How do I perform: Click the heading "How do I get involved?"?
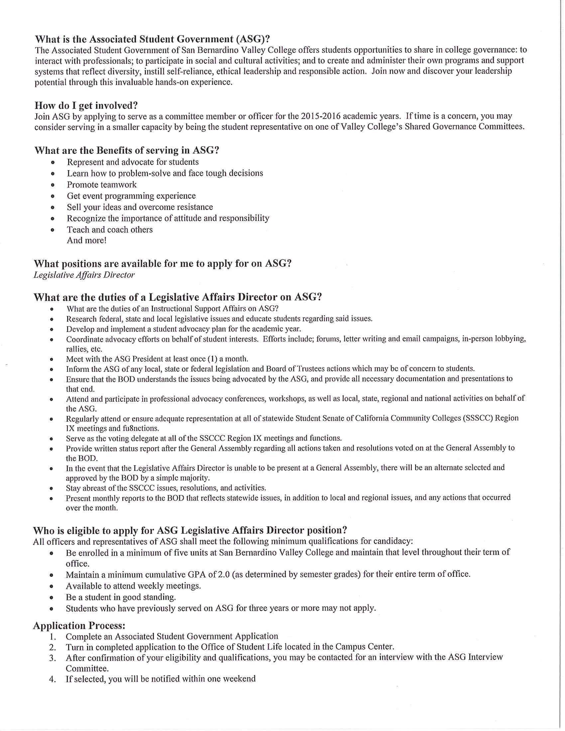(86, 105)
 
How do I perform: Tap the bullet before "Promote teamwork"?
(53, 185)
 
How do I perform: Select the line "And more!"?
(86, 240)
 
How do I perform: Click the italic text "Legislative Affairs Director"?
(84, 275)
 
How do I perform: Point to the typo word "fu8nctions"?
(140, 428)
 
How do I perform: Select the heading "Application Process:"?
(79, 626)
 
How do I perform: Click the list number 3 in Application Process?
(52, 658)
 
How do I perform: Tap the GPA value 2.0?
(223, 575)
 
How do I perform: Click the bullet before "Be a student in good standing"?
(52, 597)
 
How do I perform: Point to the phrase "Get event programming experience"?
(131, 196)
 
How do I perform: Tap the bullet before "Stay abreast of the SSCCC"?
(52, 488)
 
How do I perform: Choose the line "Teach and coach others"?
(110, 230)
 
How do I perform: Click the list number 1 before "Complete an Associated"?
(52, 637)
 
